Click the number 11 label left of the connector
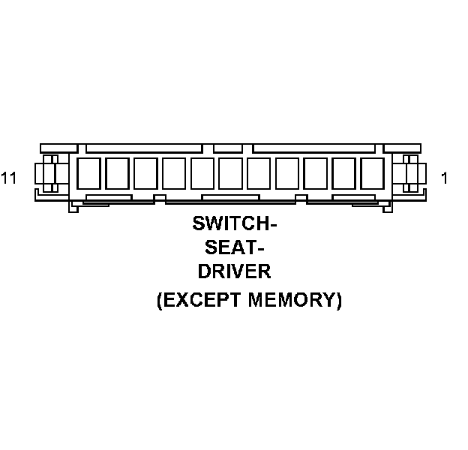pos(9,178)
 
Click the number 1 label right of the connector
pos(444,178)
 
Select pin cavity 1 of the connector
pos(372,173)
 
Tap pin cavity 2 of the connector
pos(343,173)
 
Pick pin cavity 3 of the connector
pos(315,173)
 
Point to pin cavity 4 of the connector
pos(287,173)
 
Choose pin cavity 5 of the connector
pos(259,173)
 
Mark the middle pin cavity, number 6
pos(231,173)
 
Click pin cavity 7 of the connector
pos(202,173)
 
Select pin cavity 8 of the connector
pos(174,173)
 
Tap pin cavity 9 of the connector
pos(145,173)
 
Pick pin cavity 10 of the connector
pos(117,173)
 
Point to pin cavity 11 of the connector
pos(88,173)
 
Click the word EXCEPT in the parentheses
pos(198,301)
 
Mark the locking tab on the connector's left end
pos(49,174)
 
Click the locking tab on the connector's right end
pos(411,174)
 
